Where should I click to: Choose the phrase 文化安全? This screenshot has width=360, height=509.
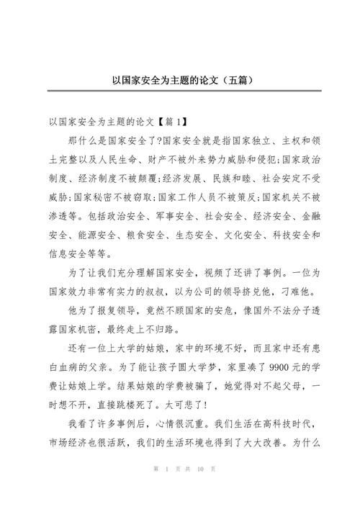click(243, 234)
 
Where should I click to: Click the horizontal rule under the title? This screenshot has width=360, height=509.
click(180, 91)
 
